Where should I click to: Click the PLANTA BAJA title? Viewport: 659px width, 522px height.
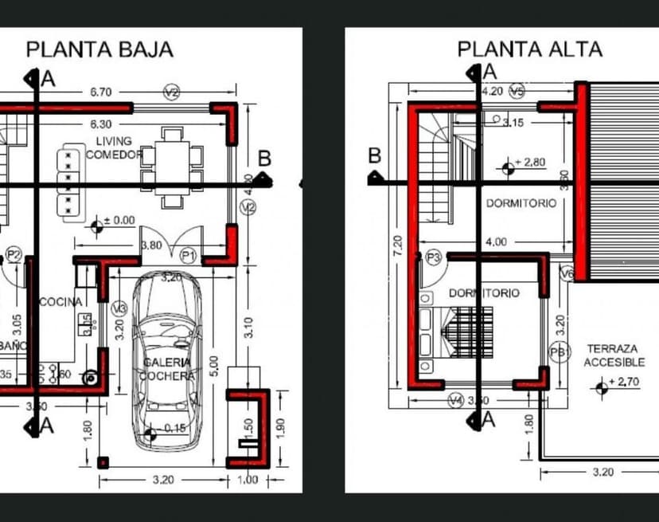tap(99, 49)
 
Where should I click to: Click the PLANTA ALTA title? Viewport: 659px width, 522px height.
tap(529, 49)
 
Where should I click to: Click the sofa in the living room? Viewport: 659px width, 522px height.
tap(71, 179)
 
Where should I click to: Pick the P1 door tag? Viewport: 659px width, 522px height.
tap(188, 255)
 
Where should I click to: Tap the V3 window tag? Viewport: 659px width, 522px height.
tap(119, 309)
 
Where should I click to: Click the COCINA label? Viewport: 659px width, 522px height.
tap(60, 302)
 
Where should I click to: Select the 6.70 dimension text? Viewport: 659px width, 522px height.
tap(100, 92)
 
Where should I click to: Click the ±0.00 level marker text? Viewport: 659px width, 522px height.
tap(120, 220)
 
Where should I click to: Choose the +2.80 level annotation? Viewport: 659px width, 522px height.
tap(529, 163)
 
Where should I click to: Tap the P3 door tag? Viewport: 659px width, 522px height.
tap(434, 257)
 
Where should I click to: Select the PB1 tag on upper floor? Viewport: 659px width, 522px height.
tap(559, 351)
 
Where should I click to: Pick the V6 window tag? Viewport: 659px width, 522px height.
tap(567, 274)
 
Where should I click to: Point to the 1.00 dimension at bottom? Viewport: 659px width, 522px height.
tap(248, 480)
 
